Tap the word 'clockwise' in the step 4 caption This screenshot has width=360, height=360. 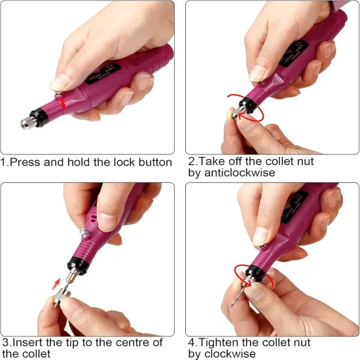(227, 353)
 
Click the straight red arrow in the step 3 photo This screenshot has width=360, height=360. (56, 283)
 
